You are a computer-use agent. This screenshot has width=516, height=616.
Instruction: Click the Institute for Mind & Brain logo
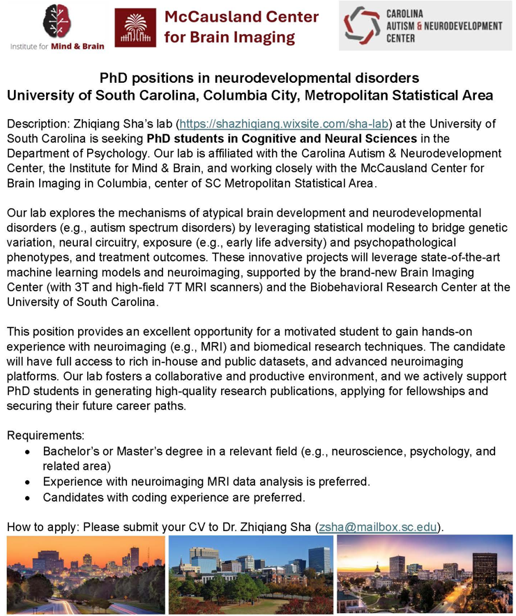[57, 26]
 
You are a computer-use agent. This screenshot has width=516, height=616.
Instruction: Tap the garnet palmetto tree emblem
[135, 27]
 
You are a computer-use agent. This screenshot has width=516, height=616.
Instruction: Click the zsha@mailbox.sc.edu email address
[379, 526]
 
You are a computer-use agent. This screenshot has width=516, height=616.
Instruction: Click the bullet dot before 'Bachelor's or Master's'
[27, 452]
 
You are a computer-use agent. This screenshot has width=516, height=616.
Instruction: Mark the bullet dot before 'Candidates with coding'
[27, 498]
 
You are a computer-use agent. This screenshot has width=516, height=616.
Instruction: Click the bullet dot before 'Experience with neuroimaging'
[27, 482]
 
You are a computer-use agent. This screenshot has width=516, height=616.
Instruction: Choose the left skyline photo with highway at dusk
[86, 574]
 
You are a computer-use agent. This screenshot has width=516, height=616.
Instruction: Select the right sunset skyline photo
[424, 574]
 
